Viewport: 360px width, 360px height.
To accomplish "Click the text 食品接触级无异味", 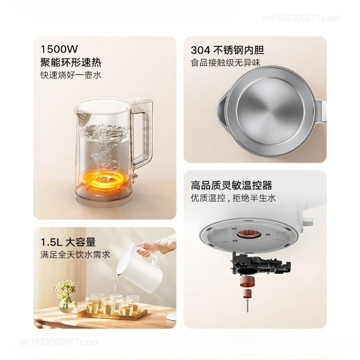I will pyautogui.click(x=225, y=63).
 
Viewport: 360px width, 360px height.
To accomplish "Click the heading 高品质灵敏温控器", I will pyautogui.click(x=231, y=185).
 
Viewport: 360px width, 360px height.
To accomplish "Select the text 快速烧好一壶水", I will pyautogui.click(x=71, y=75).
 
